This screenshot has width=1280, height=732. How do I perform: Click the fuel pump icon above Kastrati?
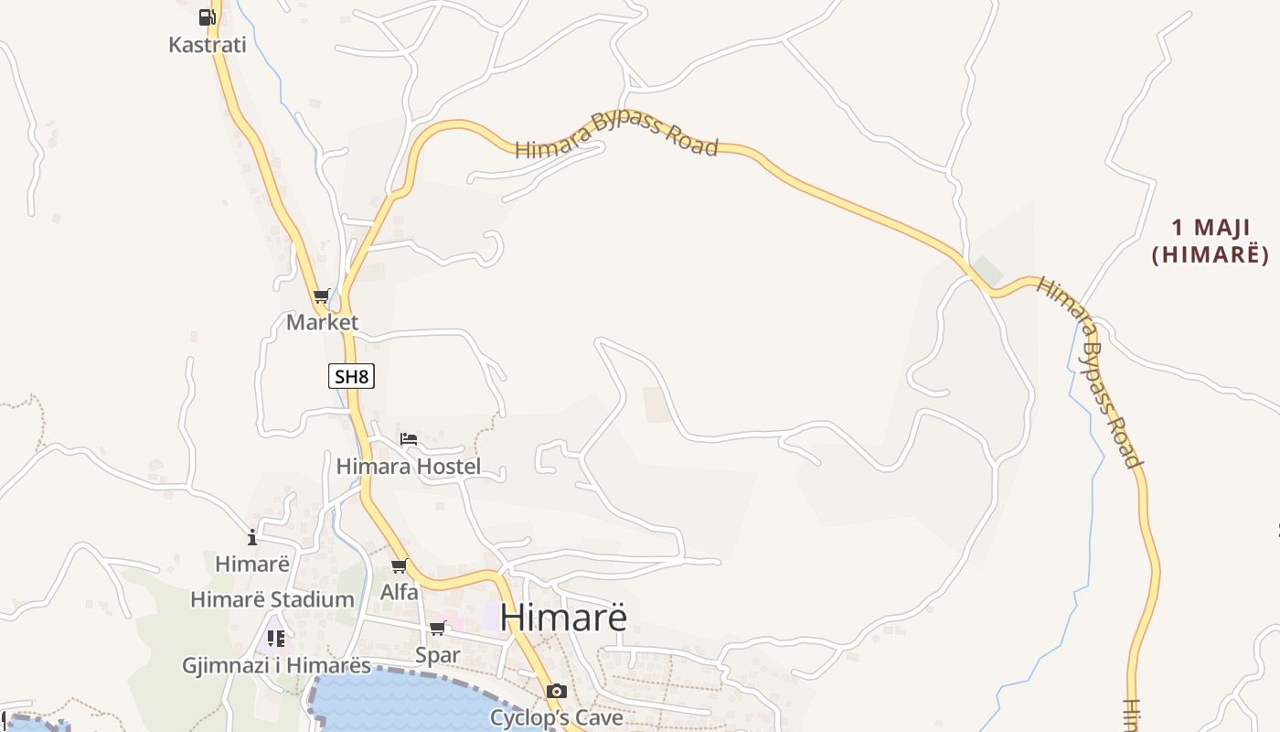click(x=207, y=16)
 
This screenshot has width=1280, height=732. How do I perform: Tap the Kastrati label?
click(x=208, y=44)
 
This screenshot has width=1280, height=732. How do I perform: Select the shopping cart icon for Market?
click(x=321, y=296)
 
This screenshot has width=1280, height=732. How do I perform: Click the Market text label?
click(x=322, y=322)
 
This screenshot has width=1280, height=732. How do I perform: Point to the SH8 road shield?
click(x=352, y=375)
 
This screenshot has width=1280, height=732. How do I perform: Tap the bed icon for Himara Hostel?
click(x=409, y=440)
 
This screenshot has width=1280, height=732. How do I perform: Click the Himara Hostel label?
click(x=408, y=467)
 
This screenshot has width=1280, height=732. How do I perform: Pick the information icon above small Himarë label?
click(x=252, y=537)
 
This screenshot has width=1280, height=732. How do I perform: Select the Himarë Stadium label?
click(x=272, y=599)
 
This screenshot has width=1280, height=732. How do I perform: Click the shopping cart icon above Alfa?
click(x=400, y=566)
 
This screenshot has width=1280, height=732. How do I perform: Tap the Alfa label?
click(x=400, y=592)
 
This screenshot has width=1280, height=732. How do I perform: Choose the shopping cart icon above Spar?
click(x=438, y=629)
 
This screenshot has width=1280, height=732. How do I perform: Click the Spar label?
click(x=438, y=655)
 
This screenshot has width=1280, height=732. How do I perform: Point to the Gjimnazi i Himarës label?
click(x=276, y=665)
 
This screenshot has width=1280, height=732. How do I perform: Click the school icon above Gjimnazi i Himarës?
click(x=275, y=638)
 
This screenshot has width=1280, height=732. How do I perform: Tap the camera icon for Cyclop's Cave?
click(x=556, y=691)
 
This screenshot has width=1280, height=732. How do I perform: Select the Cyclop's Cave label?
click(x=556, y=717)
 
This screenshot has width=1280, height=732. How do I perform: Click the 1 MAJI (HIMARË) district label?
click(x=1210, y=241)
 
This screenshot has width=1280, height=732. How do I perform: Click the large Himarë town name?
click(x=564, y=617)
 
